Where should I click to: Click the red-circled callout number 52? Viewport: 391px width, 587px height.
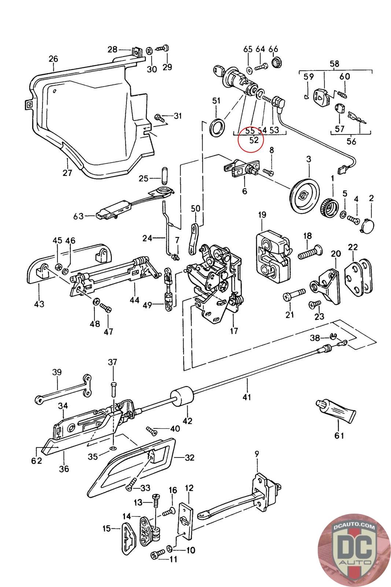point(254,140)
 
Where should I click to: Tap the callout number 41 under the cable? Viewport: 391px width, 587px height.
point(247,397)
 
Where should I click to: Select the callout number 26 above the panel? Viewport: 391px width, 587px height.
point(53,59)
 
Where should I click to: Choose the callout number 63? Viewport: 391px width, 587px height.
point(78,216)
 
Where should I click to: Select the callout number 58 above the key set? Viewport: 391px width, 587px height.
point(335,64)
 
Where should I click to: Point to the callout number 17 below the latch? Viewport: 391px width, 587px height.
point(234,331)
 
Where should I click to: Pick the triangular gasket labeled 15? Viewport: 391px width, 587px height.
point(129,536)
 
